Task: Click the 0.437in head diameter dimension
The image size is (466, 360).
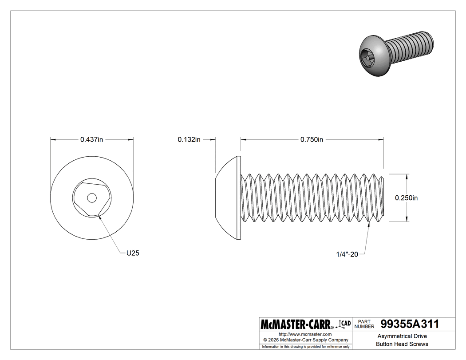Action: pyautogui.click(x=91, y=139)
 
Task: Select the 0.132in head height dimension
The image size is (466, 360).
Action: pyautogui.click(x=189, y=139)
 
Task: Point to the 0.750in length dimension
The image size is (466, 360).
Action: pyautogui.click(x=312, y=139)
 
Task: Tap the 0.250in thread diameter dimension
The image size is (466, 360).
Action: pyautogui.click(x=406, y=198)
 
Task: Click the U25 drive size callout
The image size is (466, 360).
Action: pyautogui.click(x=133, y=253)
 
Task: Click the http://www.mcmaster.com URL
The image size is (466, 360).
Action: pyautogui.click(x=305, y=334)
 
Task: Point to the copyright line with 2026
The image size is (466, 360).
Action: pyautogui.click(x=305, y=340)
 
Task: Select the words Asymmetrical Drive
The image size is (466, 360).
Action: pyautogui.click(x=402, y=336)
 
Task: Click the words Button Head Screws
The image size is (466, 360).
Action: pyautogui.click(x=402, y=344)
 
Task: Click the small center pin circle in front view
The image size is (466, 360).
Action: pyautogui.click(x=91, y=198)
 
